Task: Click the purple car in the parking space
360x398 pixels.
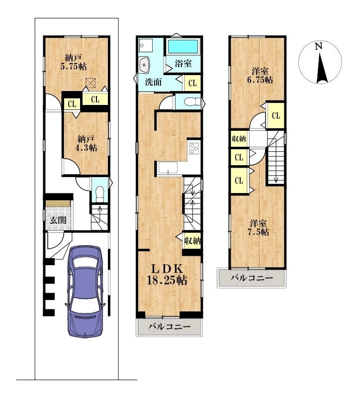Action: coord(85,292)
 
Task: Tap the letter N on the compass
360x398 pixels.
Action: coord(318,46)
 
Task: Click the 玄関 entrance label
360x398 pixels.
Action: coord(58,220)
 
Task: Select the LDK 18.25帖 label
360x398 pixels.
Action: coord(167,275)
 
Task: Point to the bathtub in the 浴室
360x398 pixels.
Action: coord(183,46)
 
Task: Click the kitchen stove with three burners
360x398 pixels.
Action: coord(194,148)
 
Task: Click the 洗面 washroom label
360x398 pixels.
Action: coord(154,82)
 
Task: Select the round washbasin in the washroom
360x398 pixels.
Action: coord(145,65)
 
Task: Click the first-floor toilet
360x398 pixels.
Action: coord(100,194)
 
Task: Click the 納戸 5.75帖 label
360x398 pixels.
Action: coord(73,62)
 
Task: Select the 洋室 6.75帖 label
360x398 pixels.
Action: coord(260,76)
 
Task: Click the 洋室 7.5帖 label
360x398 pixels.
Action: coord(259,228)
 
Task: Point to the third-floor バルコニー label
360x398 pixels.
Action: coord(252,278)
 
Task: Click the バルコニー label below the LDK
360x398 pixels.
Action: coord(169,326)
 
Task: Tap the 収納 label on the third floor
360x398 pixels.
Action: coord(239,139)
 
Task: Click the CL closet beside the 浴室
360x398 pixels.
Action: coord(192,83)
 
